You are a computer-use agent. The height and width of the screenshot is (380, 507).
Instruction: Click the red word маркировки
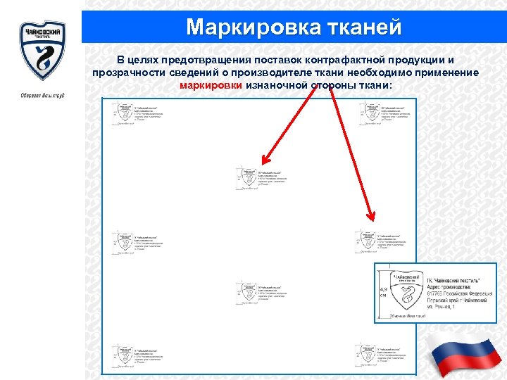tap(211, 85)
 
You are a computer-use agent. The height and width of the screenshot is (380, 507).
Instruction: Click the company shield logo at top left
tap(42, 50)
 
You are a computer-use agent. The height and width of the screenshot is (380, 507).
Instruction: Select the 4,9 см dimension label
tap(384, 292)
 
